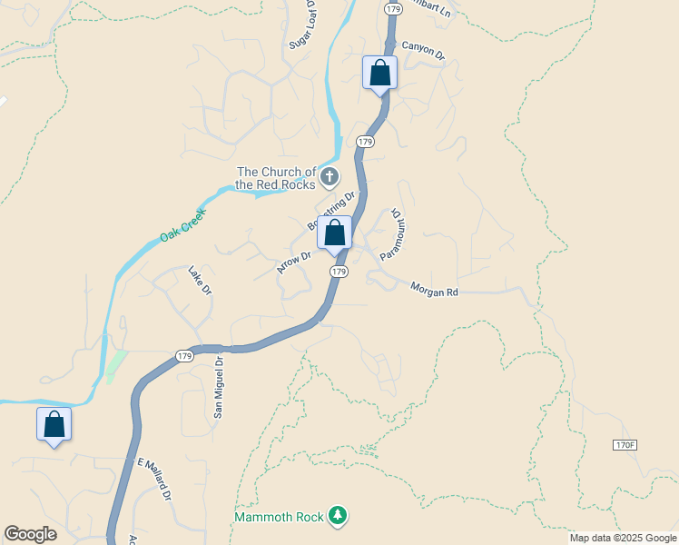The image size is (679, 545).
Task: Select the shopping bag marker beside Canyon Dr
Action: click(380, 74)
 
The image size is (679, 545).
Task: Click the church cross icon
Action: click(330, 176)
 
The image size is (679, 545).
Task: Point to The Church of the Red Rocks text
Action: click(276, 178)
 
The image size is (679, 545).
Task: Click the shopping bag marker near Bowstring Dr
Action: click(335, 233)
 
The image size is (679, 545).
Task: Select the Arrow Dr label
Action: click(294, 263)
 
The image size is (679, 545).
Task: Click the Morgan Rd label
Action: click(435, 291)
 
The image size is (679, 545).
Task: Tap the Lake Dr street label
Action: click(200, 280)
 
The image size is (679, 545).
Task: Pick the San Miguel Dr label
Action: click(218, 387)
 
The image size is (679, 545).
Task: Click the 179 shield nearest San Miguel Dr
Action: click(184, 355)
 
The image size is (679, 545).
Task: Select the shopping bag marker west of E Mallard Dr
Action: click(54, 424)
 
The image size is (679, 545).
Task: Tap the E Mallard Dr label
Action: click(154, 480)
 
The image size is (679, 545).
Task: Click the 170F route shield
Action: click(625, 445)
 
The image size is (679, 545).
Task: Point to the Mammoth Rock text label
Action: click(279, 517)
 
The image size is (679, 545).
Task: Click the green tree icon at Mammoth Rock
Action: click(338, 516)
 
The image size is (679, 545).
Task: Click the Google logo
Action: click(30, 534)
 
